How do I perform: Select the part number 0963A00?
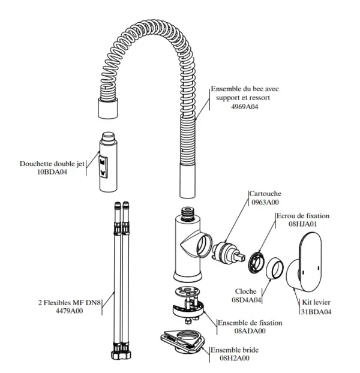(x=265, y=202)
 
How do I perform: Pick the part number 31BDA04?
(x=316, y=311)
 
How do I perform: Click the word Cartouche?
(x=265, y=194)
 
